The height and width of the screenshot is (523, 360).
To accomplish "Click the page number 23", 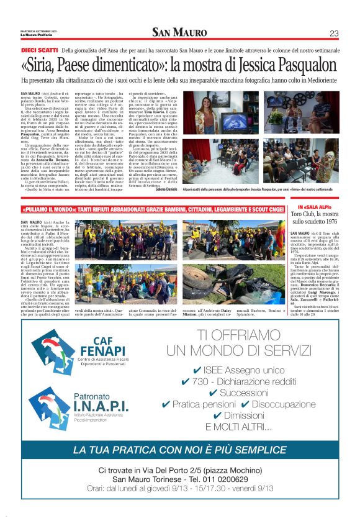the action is [x=333, y=33].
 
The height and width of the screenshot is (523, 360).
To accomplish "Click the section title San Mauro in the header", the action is [x=180, y=32].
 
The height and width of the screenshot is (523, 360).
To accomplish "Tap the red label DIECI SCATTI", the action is [x=38, y=50].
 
